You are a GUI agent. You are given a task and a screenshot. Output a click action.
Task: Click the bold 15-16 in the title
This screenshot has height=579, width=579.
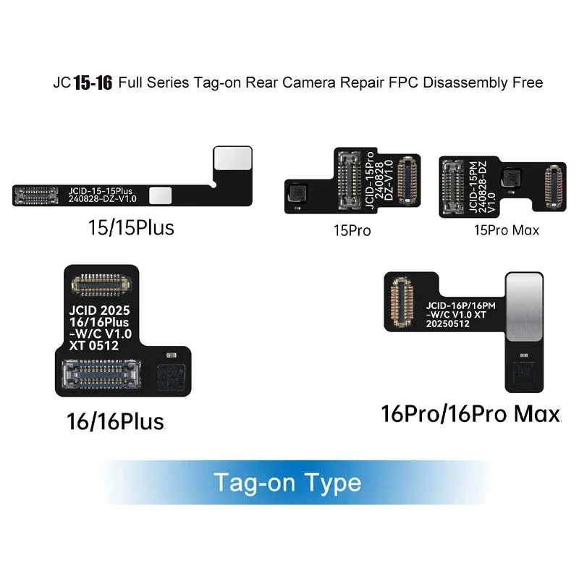[92, 83]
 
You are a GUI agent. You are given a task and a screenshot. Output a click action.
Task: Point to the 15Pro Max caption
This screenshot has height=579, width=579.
[507, 232]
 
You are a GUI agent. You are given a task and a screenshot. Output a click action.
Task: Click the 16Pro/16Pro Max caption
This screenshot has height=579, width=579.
[471, 415]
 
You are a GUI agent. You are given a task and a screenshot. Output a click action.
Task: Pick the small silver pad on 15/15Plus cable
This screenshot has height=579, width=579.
[165, 194]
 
